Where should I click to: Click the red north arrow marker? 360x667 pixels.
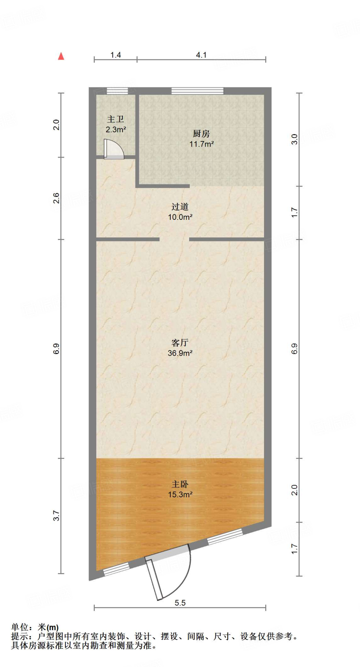pyautogui.click(x=61, y=56)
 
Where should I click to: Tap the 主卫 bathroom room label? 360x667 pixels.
pyautogui.click(x=116, y=119)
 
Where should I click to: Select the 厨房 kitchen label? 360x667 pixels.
pyautogui.click(x=201, y=134)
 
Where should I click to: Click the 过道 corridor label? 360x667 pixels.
pyautogui.click(x=180, y=206)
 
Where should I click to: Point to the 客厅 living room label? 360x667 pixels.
pyautogui.click(x=180, y=343)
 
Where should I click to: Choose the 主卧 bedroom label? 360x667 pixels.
pyautogui.click(x=180, y=484)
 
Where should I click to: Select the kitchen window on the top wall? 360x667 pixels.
pyautogui.click(x=197, y=91)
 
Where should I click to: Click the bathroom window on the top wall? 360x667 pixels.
pyautogui.click(x=117, y=91)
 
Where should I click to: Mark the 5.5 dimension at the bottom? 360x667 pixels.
pyautogui.click(x=180, y=603)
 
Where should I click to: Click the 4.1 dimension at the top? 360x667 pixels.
pyautogui.click(x=201, y=55)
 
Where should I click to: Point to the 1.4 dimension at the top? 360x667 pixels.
pyautogui.click(x=116, y=55)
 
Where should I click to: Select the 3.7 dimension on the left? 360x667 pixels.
pyautogui.click(x=56, y=516)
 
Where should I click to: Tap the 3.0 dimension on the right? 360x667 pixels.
pyautogui.click(x=294, y=139)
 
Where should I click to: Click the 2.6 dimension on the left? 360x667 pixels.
pyautogui.click(x=56, y=198)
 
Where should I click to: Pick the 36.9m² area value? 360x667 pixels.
pyautogui.click(x=180, y=353)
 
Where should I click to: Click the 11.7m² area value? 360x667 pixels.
pyautogui.click(x=201, y=144)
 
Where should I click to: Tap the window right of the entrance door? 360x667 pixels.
pyautogui.click(x=225, y=536)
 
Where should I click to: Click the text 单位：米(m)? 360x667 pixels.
pyautogui.click(x=35, y=627)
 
